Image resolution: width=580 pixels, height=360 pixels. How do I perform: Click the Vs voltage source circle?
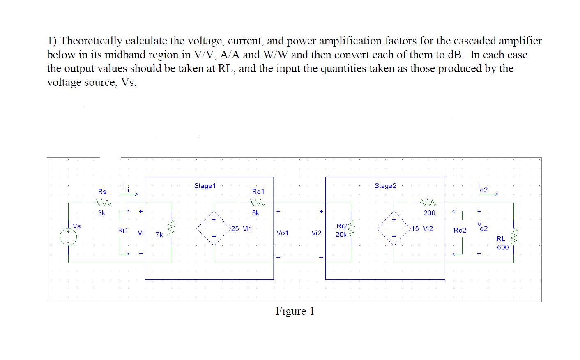(68, 237)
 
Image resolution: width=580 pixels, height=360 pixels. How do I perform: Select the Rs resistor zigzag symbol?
(103, 203)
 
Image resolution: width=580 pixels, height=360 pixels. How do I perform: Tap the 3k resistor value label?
(101, 213)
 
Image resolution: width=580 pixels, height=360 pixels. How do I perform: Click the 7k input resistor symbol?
(171, 228)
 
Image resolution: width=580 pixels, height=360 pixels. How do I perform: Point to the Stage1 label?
(205, 186)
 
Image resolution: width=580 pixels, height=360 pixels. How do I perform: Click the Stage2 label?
(385, 186)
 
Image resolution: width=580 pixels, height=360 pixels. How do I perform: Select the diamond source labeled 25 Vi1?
(214, 228)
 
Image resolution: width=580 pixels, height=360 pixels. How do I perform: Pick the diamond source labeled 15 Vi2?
(394, 228)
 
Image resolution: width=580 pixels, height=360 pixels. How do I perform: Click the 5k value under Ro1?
(255, 213)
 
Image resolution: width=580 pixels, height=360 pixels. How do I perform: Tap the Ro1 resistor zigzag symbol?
(257, 203)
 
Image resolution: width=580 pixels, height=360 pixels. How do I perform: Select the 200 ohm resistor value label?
(429, 213)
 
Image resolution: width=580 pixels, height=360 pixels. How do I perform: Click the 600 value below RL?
(503, 247)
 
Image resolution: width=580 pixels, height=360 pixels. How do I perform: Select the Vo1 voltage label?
(282, 233)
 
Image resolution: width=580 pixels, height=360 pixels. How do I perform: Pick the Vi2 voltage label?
(316, 233)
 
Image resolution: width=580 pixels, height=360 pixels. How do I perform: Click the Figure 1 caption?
(295, 311)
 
